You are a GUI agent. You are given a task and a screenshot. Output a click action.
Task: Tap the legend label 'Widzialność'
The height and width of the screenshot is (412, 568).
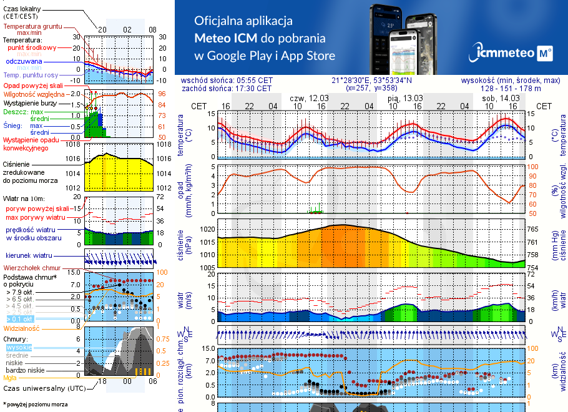coord(22,328)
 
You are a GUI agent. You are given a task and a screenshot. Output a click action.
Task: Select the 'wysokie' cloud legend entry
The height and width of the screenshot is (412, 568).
coord(19,347)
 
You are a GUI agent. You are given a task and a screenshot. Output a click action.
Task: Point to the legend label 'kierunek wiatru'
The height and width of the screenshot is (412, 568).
coord(29,256)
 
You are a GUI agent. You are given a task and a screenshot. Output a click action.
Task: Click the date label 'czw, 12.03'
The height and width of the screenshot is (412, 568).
coord(309,98)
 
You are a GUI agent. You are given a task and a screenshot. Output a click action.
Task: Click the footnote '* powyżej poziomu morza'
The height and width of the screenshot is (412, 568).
coord(35,405)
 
